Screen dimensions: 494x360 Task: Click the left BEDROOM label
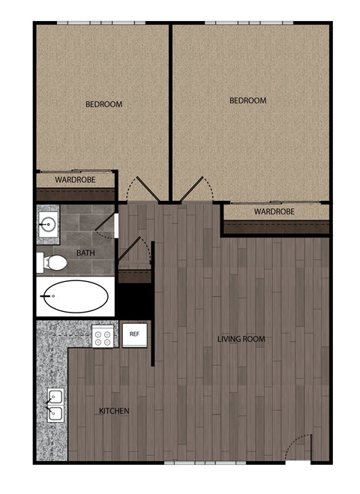coord(103,104)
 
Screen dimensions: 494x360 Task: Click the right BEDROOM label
coord(247,100)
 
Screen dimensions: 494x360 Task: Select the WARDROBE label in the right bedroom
coord(274,212)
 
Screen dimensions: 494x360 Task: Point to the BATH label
coord(85,253)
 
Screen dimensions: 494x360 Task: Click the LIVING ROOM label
coord(241,340)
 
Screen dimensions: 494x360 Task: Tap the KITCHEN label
coord(115,412)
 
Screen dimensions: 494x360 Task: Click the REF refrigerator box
coord(135,334)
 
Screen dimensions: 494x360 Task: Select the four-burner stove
coord(103,337)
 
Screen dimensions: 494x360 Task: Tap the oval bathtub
coord(75,298)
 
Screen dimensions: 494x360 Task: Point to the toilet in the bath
coord(54,262)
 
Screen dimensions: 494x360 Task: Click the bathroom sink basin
coord(49,223)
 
